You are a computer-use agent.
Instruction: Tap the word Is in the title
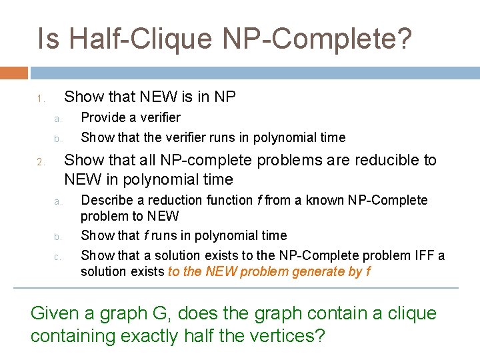pos(47,39)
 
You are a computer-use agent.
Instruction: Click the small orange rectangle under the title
pos(14,72)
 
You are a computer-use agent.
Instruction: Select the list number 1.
pos(40,100)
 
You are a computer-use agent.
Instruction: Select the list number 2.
pos(40,163)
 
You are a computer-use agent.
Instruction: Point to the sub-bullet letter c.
pos(58,256)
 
